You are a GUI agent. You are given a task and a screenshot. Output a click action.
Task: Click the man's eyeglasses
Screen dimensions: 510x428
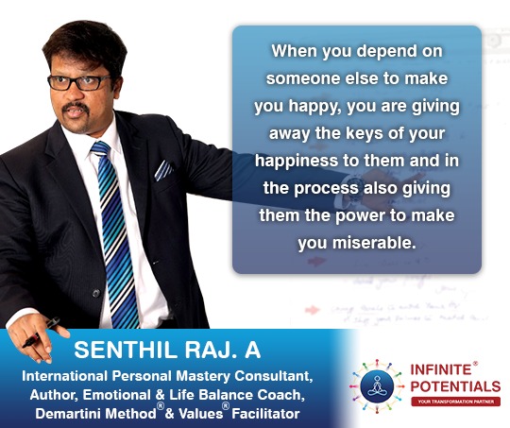click(79, 82)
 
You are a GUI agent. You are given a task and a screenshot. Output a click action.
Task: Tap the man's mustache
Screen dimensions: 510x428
click(76, 107)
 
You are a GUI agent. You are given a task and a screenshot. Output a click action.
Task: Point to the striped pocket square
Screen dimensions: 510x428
click(163, 170)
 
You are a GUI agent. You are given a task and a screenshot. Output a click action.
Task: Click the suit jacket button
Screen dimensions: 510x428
click(96, 293)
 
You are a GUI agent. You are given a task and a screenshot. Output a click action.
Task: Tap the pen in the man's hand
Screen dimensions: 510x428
click(41, 333)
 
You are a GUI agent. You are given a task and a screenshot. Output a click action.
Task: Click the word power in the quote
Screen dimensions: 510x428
click(361, 215)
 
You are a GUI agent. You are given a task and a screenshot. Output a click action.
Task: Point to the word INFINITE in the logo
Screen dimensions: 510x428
click(441, 369)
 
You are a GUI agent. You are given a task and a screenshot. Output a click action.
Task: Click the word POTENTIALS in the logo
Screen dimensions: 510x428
click(455, 386)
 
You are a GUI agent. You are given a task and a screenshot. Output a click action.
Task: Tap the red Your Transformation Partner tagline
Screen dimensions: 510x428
click(455, 402)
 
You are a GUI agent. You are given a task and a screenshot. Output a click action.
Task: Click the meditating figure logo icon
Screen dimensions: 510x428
click(377, 386)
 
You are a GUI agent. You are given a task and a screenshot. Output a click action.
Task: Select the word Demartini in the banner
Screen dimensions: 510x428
click(69, 414)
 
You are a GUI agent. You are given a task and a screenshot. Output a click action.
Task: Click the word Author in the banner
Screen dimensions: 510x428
click(54, 395)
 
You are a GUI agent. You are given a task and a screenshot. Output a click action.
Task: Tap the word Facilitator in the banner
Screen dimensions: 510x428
click(265, 414)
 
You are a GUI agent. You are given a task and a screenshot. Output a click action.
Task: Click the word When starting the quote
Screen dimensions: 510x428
click(295, 51)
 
